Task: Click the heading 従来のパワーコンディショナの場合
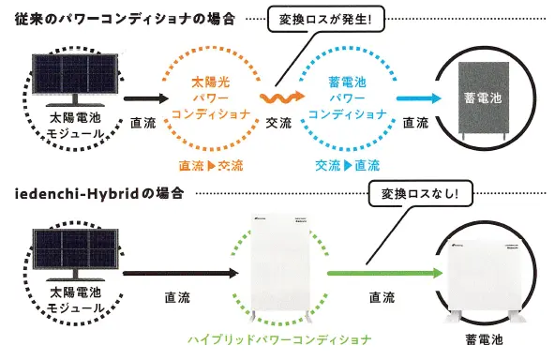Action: click(126, 19)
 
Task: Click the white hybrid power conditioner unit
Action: click(280, 265)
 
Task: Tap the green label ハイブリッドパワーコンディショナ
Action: click(280, 339)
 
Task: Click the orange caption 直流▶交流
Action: click(211, 165)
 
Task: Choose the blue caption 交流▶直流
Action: click(346, 165)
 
